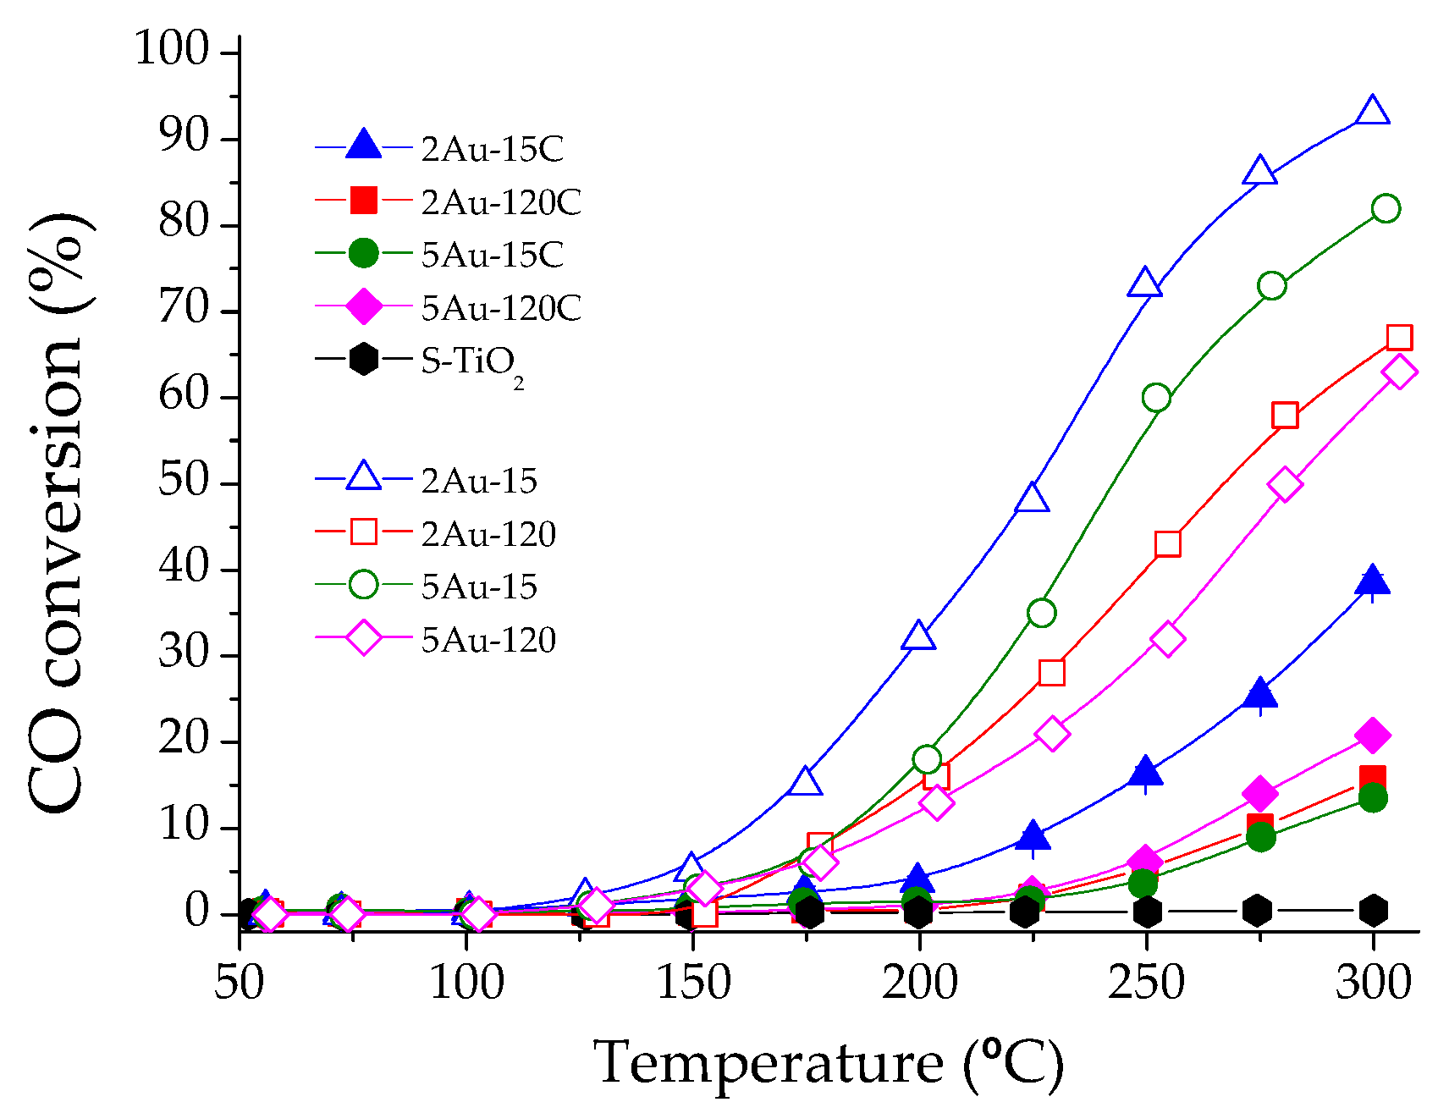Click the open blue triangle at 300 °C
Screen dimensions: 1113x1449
pyautogui.click(x=1372, y=112)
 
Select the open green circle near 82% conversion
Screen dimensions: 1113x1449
pyautogui.click(x=1386, y=208)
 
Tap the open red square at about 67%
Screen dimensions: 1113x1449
pyautogui.click(x=1399, y=338)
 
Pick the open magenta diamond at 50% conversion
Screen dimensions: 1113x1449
pyautogui.click(x=1285, y=484)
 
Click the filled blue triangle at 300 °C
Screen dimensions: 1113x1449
pyautogui.click(x=1372, y=581)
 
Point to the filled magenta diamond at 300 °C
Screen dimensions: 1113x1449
pyautogui.click(x=1372, y=736)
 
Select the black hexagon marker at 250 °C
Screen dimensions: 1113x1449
pyautogui.click(x=1147, y=912)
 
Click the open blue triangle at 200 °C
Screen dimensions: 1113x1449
pyautogui.click(x=918, y=636)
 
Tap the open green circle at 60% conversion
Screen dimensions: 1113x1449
pyautogui.click(x=1156, y=398)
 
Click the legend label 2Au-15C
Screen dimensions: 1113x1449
pyautogui.click(x=492, y=149)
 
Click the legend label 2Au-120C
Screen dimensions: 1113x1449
pyautogui.click(x=501, y=202)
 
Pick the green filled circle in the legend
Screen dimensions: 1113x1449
pyautogui.click(x=363, y=253)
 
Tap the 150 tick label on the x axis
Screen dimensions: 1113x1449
pyautogui.click(x=693, y=984)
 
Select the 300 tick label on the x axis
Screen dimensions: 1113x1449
pyautogui.click(x=1373, y=984)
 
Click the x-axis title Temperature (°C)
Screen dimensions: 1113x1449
pyautogui.click(x=827, y=1063)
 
